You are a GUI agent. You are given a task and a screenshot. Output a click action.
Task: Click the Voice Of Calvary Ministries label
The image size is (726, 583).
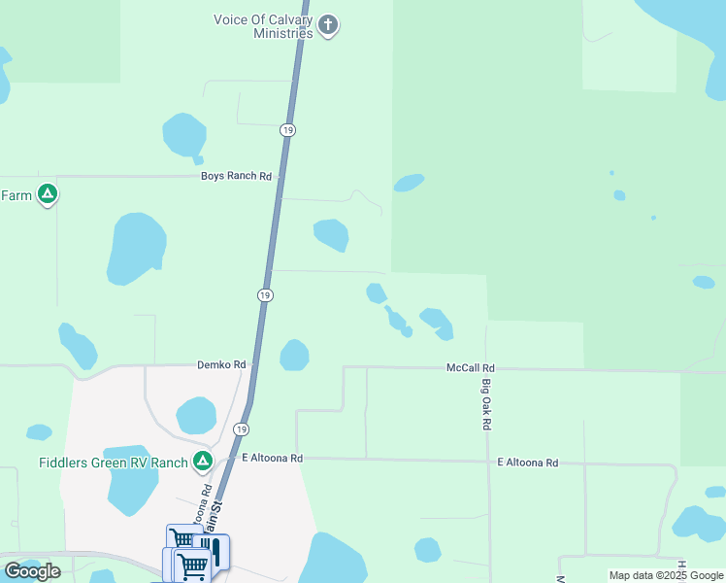(x=263, y=25)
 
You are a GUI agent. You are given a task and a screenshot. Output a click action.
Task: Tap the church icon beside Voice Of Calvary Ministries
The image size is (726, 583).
(x=328, y=25)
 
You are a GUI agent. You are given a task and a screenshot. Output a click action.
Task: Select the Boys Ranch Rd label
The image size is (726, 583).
(x=236, y=176)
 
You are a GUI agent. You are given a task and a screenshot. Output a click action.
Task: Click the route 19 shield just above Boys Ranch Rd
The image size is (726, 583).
(x=287, y=129)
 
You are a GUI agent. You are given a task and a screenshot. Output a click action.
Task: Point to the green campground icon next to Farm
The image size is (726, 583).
(x=47, y=194)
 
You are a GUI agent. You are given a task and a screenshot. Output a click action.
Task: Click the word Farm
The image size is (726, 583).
(x=16, y=195)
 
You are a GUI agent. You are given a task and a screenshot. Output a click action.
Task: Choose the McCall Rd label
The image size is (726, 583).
(x=471, y=368)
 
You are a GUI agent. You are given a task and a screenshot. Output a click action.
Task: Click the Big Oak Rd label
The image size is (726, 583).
(x=487, y=405)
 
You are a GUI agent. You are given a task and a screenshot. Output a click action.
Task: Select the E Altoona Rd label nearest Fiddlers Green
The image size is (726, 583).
(x=273, y=458)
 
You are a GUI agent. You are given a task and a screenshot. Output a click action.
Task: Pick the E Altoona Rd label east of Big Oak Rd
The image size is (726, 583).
(x=528, y=463)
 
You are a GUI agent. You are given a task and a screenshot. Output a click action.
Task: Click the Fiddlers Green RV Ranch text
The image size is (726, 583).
(x=113, y=463)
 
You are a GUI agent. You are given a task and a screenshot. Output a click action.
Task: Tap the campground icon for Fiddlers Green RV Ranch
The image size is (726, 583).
(x=203, y=462)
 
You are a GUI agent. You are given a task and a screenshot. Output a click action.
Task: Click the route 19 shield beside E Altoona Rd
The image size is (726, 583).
(x=241, y=429)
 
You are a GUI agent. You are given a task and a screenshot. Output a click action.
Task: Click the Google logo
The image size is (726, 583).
(x=32, y=571)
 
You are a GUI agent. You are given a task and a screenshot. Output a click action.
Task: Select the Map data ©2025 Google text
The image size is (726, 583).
(x=666, y=575)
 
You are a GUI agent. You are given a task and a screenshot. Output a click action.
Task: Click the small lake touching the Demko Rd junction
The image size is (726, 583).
(x=294, y=355)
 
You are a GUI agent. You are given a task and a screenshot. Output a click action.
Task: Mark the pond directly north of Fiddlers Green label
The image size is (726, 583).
(x=196, y=415)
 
